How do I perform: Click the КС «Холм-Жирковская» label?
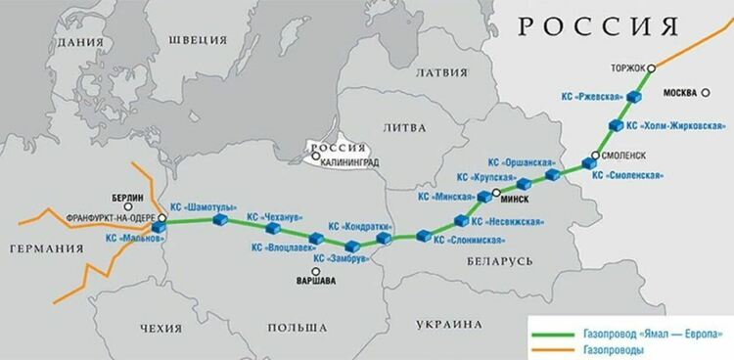[676, 126]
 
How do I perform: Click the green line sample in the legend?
[555, 331]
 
